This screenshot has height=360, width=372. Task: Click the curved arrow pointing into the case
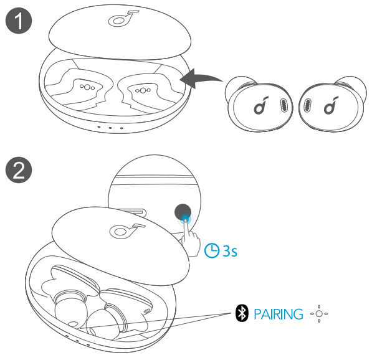click(200, 79)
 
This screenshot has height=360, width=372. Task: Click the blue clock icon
click(212, 251)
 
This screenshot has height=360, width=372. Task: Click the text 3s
click(229, 252)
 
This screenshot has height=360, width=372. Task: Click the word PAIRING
click(278, 313)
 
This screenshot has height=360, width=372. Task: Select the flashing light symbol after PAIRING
click(318, 313)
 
